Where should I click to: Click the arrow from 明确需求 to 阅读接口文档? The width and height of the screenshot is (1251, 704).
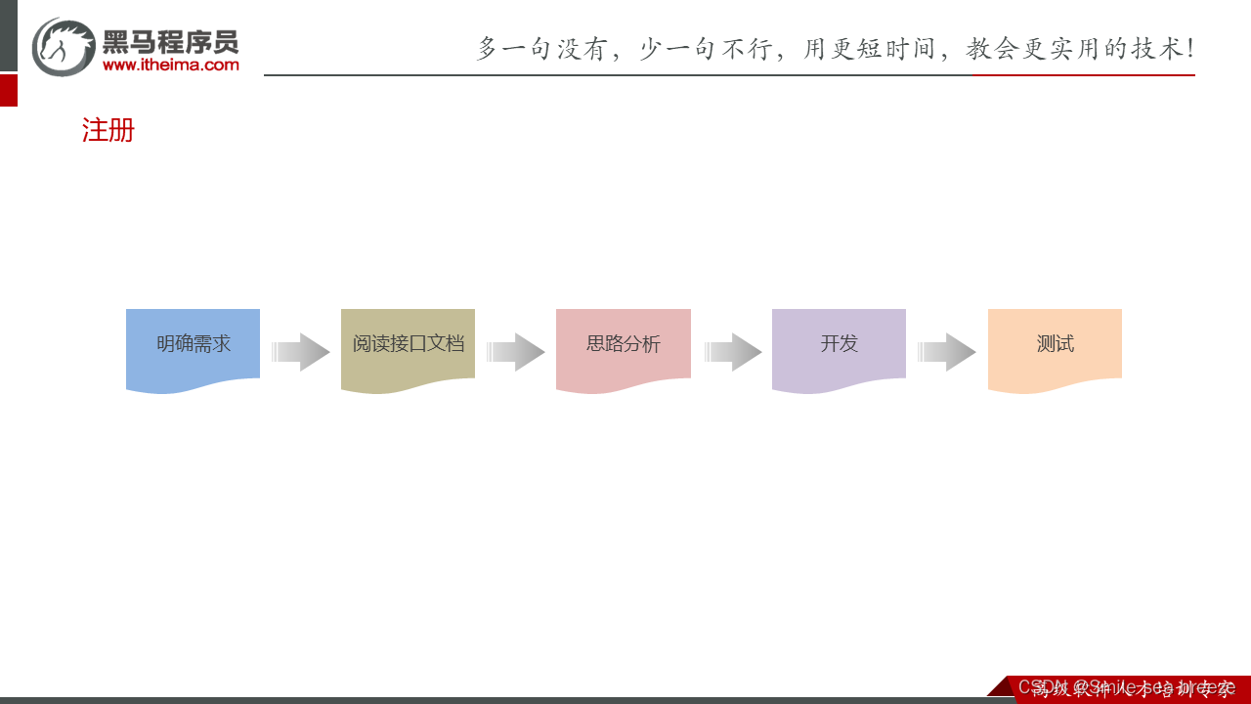301,352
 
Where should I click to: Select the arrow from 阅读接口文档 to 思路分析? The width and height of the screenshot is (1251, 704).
516,352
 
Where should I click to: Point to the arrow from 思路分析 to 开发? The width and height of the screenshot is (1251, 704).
733,352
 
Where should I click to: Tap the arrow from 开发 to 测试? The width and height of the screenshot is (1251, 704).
947,352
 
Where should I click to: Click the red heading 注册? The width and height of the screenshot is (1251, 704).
108,130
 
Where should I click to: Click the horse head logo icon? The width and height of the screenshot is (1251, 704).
64,46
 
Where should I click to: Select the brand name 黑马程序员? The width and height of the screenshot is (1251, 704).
170,41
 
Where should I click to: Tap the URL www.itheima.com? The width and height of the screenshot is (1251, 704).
170,66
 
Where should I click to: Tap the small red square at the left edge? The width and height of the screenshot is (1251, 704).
9,90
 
